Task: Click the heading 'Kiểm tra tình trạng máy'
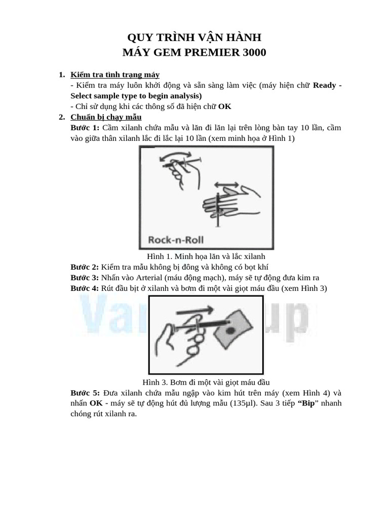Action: click(115, 75)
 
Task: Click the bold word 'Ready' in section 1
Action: click(324, 86)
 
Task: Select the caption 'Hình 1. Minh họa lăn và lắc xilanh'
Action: click(205, 256)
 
